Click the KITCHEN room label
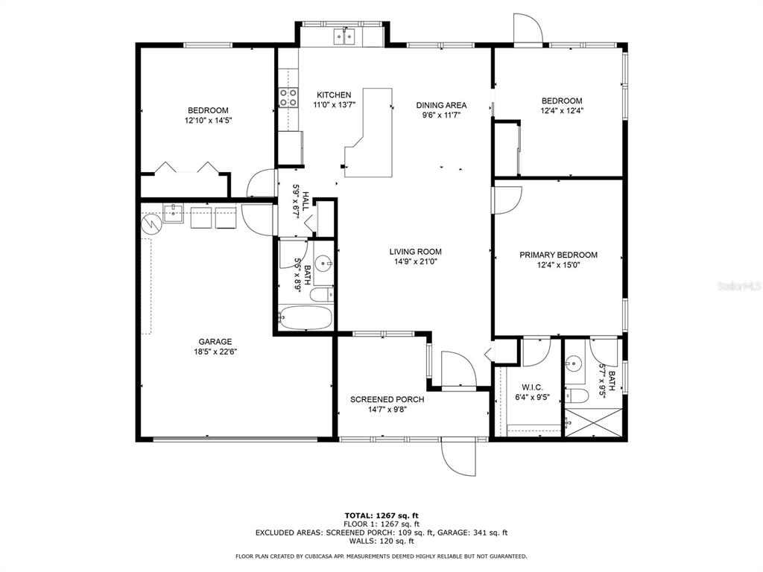(x=334, y=95)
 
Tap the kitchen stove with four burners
(x=288, y=98)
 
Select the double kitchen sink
(x=344, y=36)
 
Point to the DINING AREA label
(x=441, y=105)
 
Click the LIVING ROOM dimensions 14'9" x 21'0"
(x=416, y=261)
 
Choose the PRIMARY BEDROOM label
(x=558, y=255)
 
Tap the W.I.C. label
(x=532, y=387)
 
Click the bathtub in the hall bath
(x=305, y=317)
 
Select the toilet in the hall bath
(x=322, y=294)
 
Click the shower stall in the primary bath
(x=594, y=423)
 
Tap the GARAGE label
(x=215, y=341)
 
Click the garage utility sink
(x=173, y=214)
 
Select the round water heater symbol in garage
(x=151, y=225)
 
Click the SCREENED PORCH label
(x=387, y=399)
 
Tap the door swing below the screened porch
(x=458, y=458)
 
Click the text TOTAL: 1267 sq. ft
(x=381, y=515)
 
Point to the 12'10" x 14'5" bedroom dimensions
(x=209, y=121)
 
